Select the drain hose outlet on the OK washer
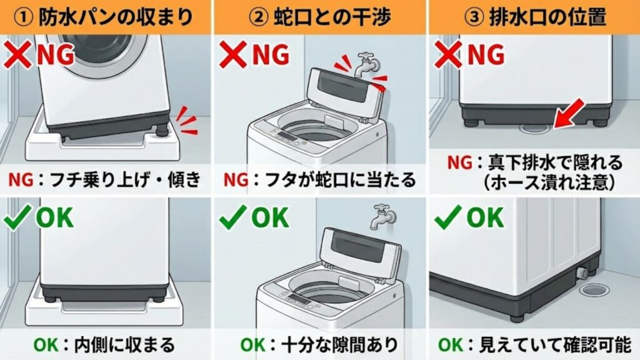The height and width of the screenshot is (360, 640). pos(582,273)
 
